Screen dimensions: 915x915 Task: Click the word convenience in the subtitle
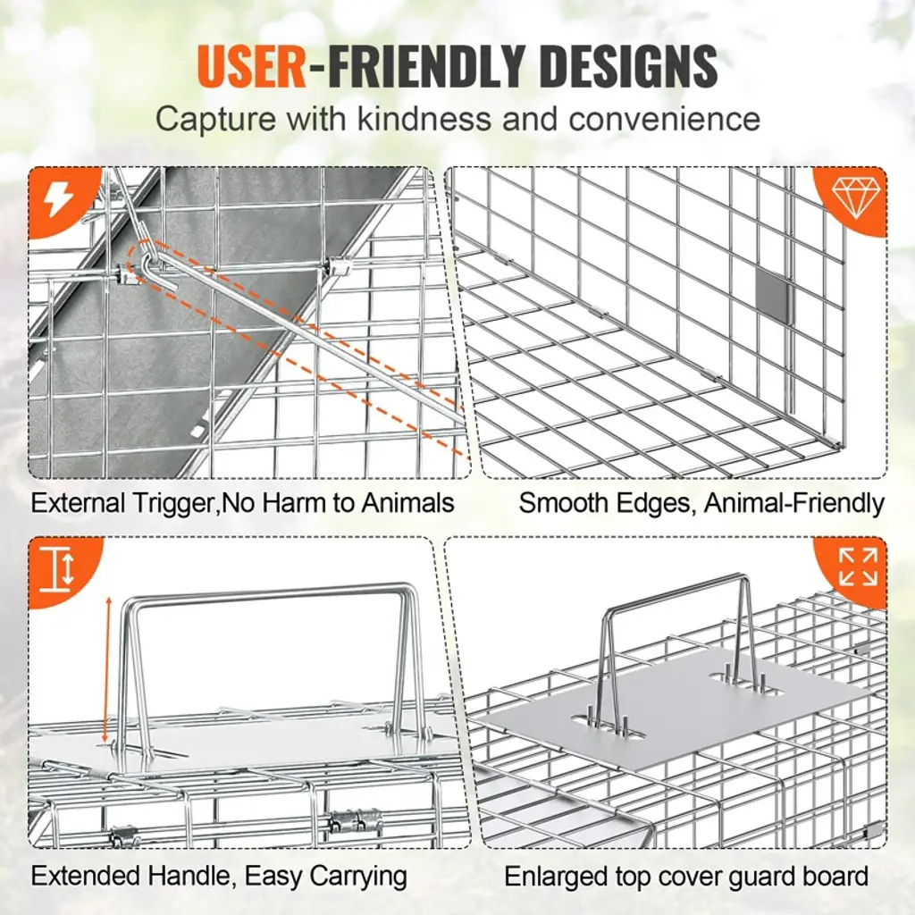tap(665, 119)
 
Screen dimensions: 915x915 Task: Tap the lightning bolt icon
tap(58, 200)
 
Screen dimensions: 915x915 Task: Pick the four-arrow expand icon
tap(858, 566)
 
